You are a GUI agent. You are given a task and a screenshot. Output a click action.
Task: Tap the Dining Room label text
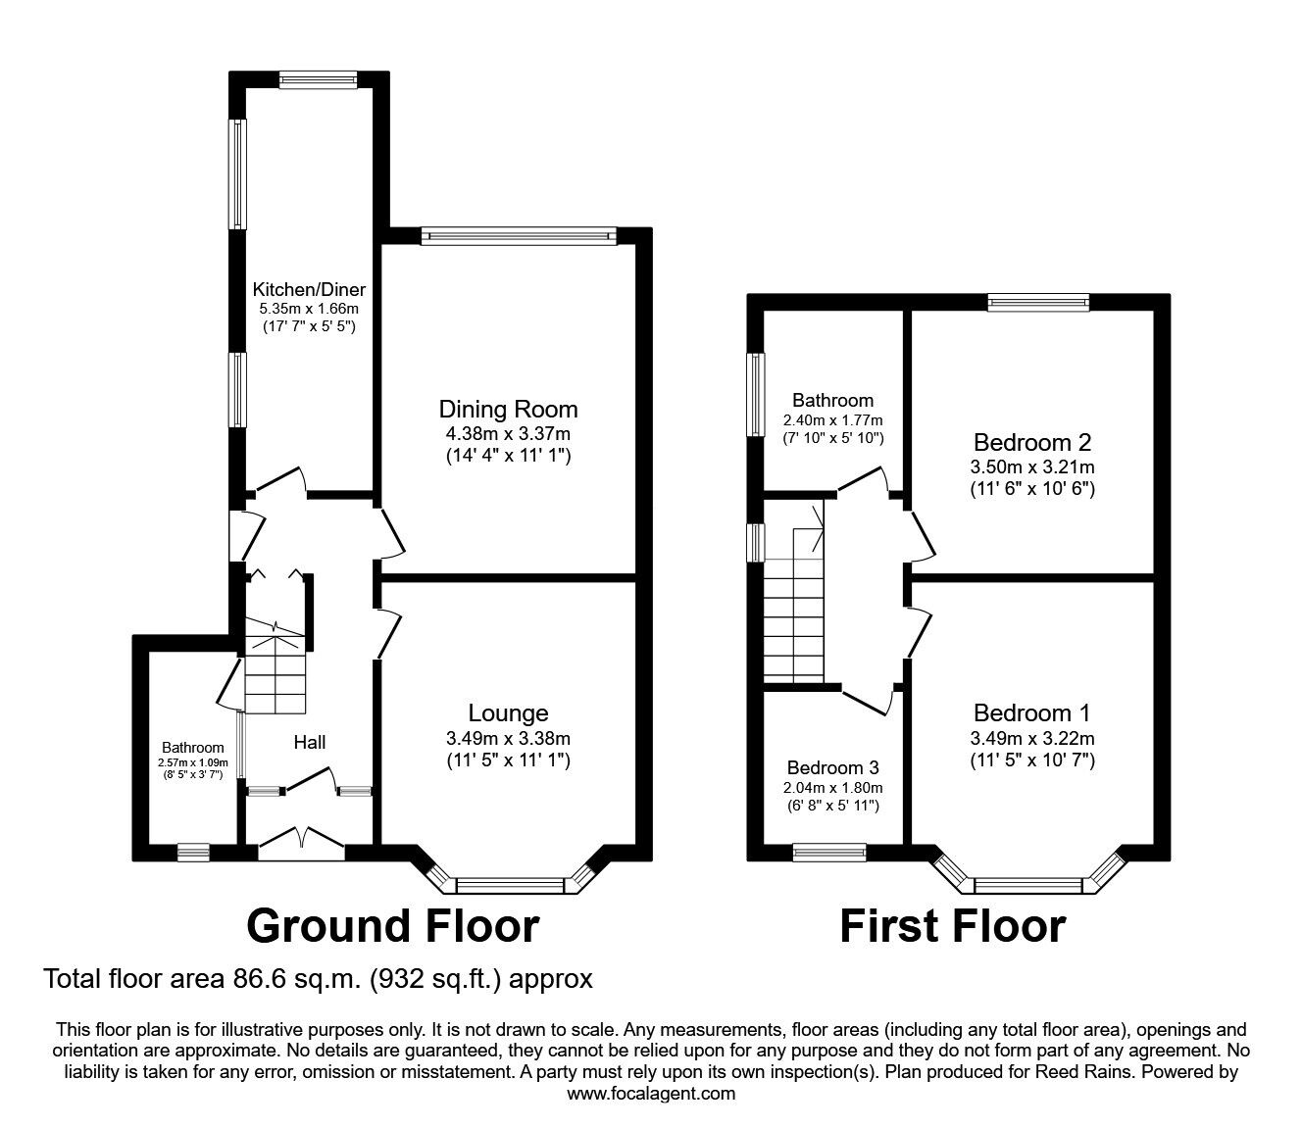pos(508,409)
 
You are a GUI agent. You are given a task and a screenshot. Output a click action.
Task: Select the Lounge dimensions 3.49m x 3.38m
pos(508,738)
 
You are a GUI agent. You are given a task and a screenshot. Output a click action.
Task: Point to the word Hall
pos(310,743)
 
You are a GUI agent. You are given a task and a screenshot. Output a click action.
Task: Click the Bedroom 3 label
pos(832,767)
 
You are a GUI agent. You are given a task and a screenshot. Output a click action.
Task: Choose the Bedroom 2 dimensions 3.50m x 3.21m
pos(1032,466)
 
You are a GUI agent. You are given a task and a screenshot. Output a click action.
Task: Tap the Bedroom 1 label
pos(1031,712)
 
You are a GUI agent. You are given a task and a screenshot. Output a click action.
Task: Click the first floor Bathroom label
pos(832,400)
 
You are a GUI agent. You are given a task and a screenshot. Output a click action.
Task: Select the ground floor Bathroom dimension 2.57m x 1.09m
pos(193,762)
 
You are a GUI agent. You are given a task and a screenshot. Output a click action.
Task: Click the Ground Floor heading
pos(392,925)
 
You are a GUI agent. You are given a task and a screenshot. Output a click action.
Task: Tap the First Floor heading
pos(952,925)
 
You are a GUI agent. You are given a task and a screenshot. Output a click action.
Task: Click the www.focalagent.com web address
pos(651,1094)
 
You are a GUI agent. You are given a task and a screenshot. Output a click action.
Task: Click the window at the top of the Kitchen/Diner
pos(318,80)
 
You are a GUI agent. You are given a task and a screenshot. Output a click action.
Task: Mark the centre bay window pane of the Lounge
pos(511,886)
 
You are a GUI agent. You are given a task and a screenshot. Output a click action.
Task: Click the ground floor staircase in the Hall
pos(275,666)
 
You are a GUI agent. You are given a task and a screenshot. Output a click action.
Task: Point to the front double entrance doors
pos(302,844)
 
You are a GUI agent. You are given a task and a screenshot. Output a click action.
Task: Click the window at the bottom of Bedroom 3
pos(828,852)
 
